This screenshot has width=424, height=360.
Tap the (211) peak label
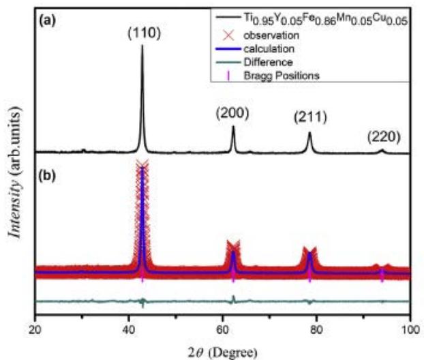point(309,117)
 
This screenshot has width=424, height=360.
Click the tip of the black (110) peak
point(142,46)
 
